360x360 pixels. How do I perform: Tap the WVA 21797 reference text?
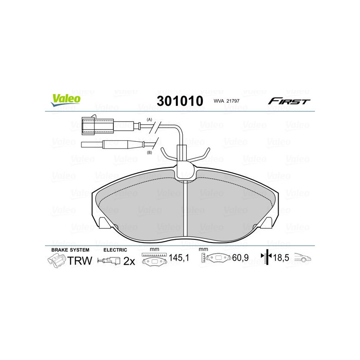pos(227,102)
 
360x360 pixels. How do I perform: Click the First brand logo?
pos(289,101)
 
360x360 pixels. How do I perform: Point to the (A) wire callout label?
pos(150,120)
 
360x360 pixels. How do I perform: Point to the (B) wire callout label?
pos(150,153)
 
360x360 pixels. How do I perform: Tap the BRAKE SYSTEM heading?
pos(70,249)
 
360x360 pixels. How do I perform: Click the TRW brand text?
pos(80,261)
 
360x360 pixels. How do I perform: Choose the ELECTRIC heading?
pos(116,249)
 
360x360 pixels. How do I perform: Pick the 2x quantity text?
pos(129,261)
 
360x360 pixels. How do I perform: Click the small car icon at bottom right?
pos(303,259)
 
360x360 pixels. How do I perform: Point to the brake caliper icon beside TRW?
pos(57,261)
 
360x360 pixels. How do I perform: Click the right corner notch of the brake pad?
pos(270,222)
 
